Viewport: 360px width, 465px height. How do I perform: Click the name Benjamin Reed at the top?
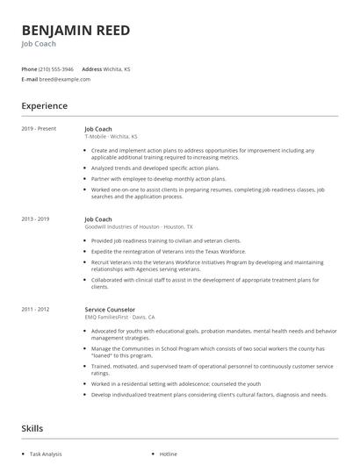pyautogui.click(x=76, y=31)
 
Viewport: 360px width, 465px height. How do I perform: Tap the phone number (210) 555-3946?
pyautogui.click(x=56, y=68)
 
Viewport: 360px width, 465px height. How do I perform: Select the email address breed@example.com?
pyautogui.click(x=65, y=79)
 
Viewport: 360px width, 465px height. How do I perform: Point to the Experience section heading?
pyautogui.click(x=44, y=106)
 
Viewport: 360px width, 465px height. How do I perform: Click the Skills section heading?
pyautogui.click(x=33, y=429)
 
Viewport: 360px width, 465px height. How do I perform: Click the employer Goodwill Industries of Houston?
pyautogui.click(x=122, y=225)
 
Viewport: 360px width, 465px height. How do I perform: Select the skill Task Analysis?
pyautogui.click(x=47, y=454)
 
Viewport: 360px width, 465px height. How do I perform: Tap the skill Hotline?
pyautogui.click(x=168, y=454)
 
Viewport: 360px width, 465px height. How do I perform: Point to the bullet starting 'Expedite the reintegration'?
pyautogui.click(x=168, y=250)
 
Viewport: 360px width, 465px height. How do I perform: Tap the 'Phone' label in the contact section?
pyautogui.click(x=29, y=68)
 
